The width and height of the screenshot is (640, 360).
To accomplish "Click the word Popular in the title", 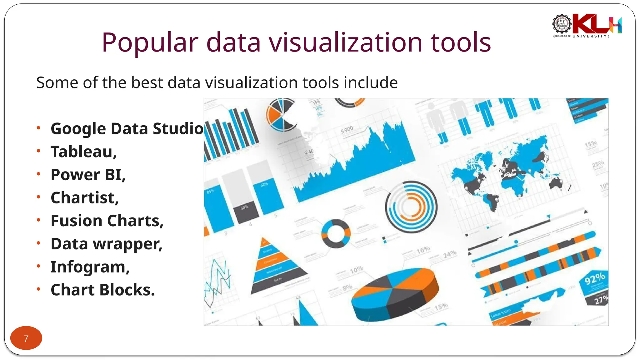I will point(150,43).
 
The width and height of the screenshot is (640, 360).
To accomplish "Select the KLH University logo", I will point(587,26).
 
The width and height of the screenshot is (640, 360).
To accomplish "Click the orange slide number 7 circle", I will point(26,338).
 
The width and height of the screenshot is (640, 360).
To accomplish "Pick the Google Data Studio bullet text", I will point(127,128).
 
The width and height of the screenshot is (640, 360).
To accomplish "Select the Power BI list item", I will point(88,175).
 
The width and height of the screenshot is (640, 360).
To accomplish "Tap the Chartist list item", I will point(84,198).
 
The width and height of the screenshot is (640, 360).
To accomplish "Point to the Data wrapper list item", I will point(106,244).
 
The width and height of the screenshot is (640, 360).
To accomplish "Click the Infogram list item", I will point(90,267).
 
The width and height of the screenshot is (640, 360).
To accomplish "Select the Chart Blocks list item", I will point(102,290).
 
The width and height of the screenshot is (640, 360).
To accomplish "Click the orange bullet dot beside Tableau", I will point(38,151).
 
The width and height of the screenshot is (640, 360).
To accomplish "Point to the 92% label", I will point(594,278).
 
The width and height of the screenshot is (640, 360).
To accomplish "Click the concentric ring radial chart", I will point(411,207).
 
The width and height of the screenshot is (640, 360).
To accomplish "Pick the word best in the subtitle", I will point(147,83).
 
